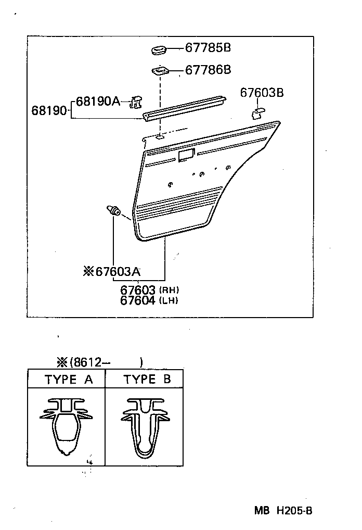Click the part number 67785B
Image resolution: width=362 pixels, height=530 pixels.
[208, 48]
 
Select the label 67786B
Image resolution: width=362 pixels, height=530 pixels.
[208, 69]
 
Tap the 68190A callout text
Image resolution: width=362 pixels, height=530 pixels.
[98, 101]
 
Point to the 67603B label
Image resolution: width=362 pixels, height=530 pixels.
[262, 93]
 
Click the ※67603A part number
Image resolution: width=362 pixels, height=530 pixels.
[112, 271]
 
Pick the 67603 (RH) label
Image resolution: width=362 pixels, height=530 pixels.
[149, 289]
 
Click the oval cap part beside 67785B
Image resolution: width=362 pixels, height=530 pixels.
[158, 50]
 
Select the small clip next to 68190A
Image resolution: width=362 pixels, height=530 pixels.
[136, 102]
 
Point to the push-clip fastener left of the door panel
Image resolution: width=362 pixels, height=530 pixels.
[114, 210]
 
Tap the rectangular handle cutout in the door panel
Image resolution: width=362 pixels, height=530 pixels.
[186, 154]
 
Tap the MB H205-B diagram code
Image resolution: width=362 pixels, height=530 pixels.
[283, 511]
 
